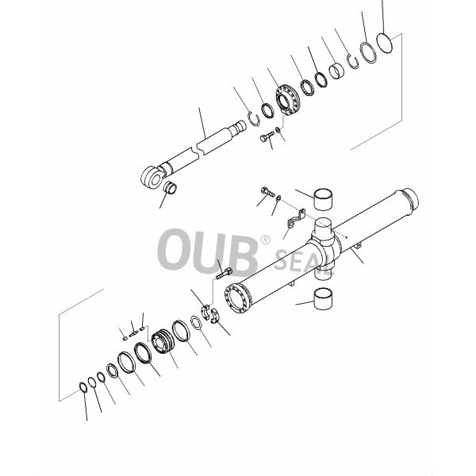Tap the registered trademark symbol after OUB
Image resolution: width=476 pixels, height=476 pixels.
(x=265, y=239)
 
